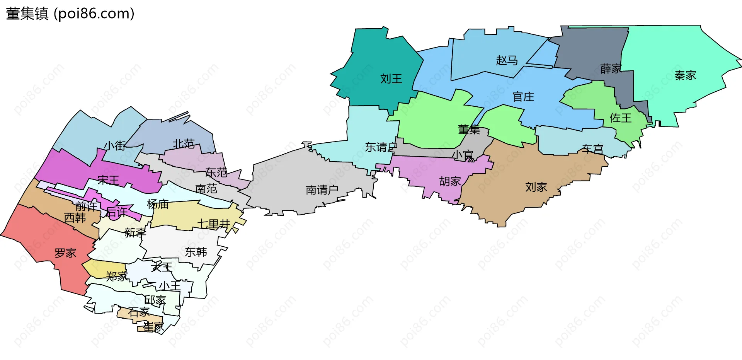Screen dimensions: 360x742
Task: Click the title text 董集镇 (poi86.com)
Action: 70,14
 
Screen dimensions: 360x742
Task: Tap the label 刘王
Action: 391,79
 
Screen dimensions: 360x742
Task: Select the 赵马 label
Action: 507,60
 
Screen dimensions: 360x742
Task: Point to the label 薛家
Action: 611,69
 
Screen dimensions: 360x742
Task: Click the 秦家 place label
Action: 685,75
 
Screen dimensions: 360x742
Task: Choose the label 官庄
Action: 523,97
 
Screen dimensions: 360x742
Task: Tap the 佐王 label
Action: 621,118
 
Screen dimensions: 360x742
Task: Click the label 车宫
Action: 592,149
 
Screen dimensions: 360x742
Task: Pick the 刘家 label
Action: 536,187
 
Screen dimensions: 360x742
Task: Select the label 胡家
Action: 450,181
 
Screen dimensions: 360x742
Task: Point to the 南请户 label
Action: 322,190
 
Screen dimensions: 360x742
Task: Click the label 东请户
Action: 381,147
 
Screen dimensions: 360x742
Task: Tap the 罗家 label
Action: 65,253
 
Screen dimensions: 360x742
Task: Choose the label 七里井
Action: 214,224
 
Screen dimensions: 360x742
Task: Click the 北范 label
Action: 183,144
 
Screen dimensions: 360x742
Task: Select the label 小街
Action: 115,145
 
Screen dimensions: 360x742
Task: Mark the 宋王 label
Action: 108,180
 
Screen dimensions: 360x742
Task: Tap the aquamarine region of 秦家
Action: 680,46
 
